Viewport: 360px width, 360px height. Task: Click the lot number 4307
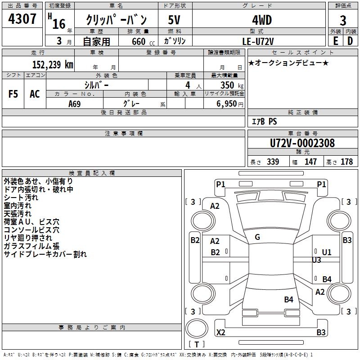pyautogui.click(x=22, y=19)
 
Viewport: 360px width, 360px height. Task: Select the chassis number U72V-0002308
pyautogui.click(x=302, y=143)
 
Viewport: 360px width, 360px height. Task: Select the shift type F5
pyautogui.click(x=13, y=94)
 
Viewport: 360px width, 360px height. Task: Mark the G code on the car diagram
pyautogui.click(x=257, y=237)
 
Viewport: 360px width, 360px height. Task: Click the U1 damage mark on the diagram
pyautogui.click(x=326, y=252)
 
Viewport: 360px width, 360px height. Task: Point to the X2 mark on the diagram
pyautogui.click(x=221, y=333)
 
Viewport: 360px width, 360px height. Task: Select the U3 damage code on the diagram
pyautogui.click(x=316, y=260)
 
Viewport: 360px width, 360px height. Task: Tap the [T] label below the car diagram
pyautogui.click(x=196, y=344)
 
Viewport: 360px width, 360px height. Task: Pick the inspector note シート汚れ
pyautogui.click(x=21, y=198)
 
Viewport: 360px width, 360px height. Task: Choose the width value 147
pyautogui.click(x=310, y=162)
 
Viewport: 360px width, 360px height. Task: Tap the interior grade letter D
pyautogui.click(x=350, y=41)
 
